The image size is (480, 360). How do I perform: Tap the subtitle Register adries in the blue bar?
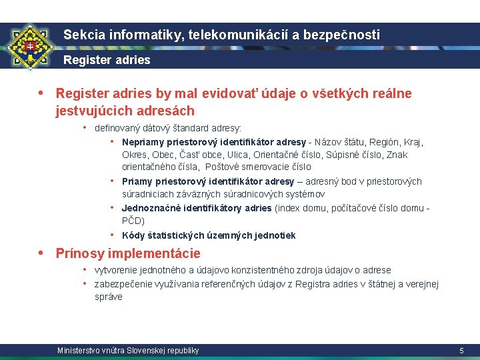point(107,60)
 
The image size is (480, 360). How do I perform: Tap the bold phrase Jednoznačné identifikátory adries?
point(197,208)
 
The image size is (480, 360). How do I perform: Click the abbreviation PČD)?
point(133,221)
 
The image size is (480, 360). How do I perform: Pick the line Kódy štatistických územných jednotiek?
point(209,235)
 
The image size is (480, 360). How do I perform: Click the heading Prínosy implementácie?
point(128,253)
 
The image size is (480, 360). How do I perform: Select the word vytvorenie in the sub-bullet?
point(117,270)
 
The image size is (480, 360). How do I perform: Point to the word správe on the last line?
point(109,297)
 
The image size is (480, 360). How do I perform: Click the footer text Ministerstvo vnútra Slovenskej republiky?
point(128,351)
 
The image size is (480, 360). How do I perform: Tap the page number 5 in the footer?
point(461,351)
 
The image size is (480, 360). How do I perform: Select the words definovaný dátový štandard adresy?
point(168,127)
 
